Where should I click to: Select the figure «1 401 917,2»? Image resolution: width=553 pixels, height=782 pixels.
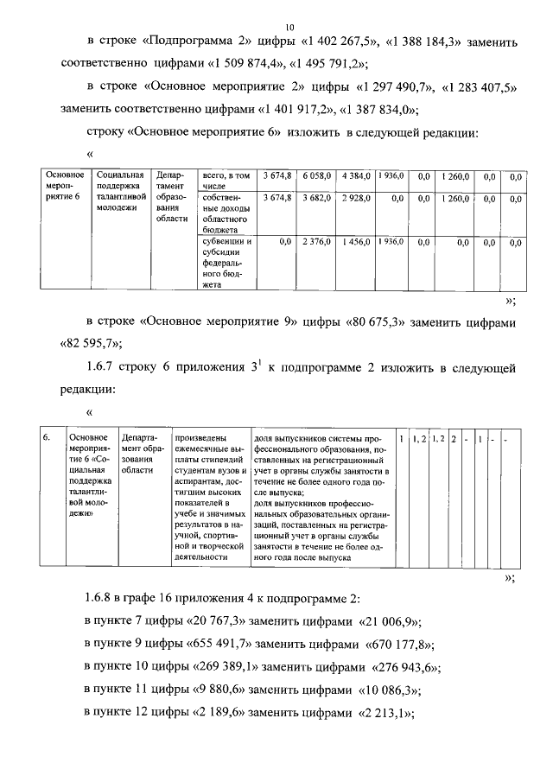296,109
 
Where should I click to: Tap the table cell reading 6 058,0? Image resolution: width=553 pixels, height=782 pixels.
317,175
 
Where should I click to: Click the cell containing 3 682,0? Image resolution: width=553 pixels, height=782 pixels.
317,198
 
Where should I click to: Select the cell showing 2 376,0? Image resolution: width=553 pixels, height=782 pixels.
317,243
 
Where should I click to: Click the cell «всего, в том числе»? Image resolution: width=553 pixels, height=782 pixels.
226,180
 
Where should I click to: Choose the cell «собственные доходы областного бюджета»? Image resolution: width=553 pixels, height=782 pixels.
226,214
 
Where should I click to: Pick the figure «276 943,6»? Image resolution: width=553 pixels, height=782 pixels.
405,668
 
